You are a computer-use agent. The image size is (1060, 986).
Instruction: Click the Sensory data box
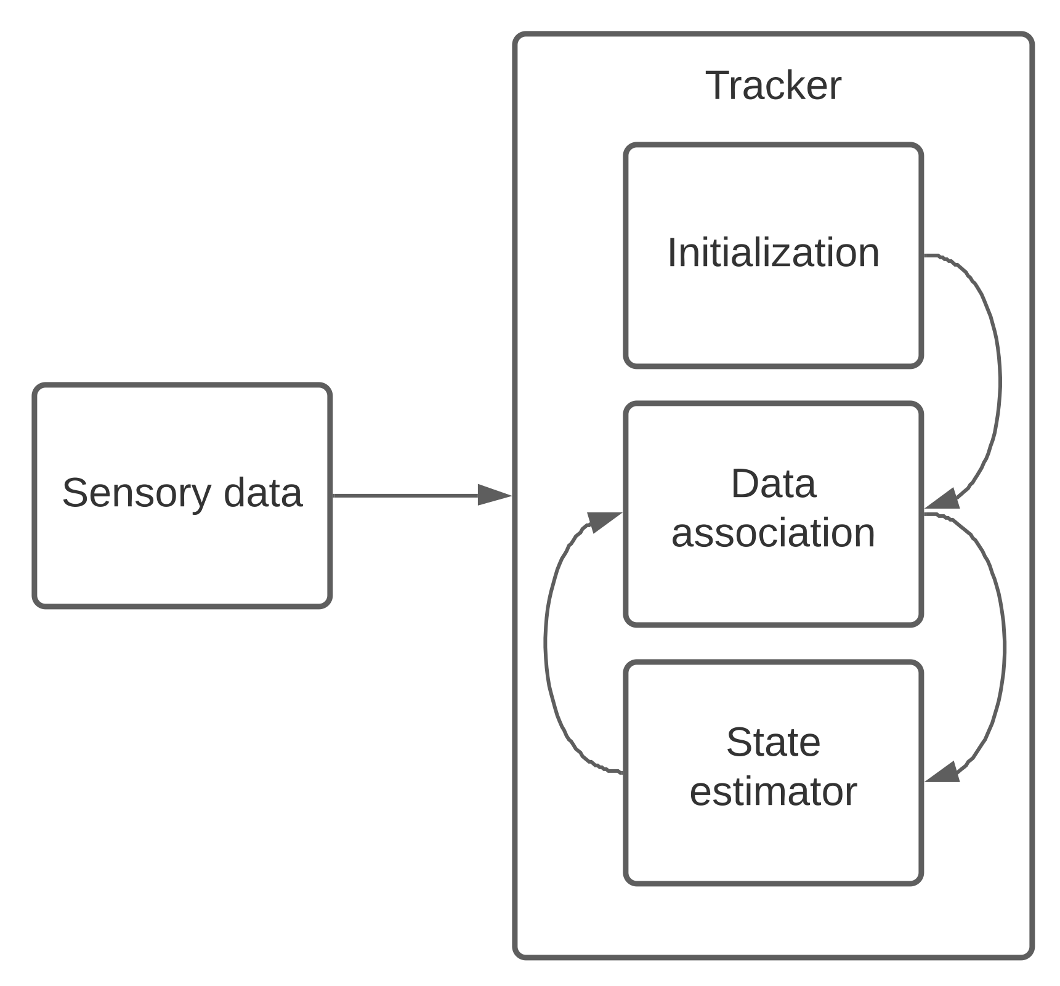[182, 554]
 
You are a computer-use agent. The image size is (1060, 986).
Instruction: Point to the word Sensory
[136, 493]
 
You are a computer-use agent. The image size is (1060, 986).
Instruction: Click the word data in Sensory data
[263, 493]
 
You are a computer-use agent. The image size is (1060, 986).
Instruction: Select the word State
[772, 742]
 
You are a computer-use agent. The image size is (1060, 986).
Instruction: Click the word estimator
[772, 791]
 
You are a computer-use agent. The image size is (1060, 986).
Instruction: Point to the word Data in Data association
[772, 483]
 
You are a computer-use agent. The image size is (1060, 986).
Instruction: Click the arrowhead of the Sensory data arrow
[495, 495]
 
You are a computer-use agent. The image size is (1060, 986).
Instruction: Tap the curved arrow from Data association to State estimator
[1004, 647]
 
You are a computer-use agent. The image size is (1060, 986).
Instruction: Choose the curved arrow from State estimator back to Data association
[546, 644]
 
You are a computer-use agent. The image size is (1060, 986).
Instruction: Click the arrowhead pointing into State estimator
[943, 773]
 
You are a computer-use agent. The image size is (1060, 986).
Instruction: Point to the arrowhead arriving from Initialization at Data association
[943, 499]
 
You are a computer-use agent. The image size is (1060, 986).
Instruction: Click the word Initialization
[772, 253]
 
